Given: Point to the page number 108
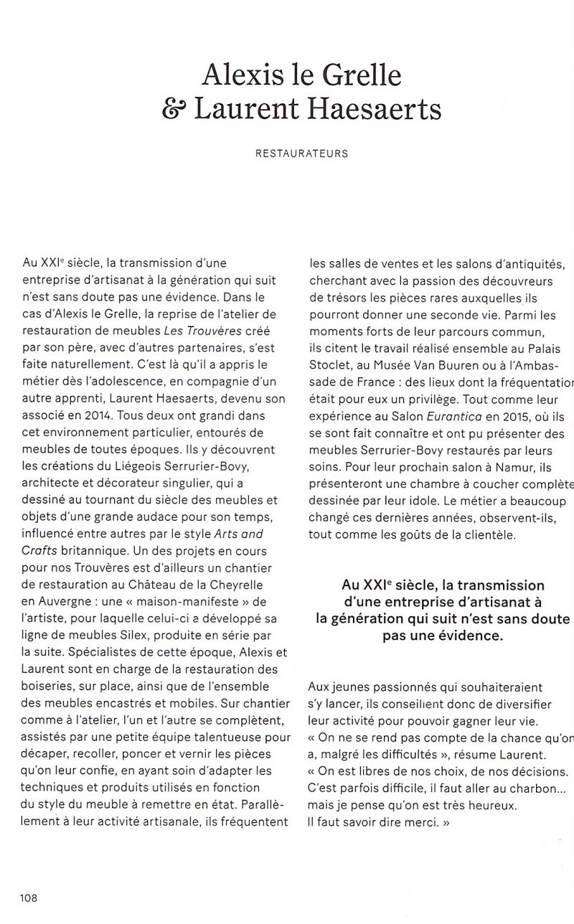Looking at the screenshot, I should pyautogui.click(x=29, y=897).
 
